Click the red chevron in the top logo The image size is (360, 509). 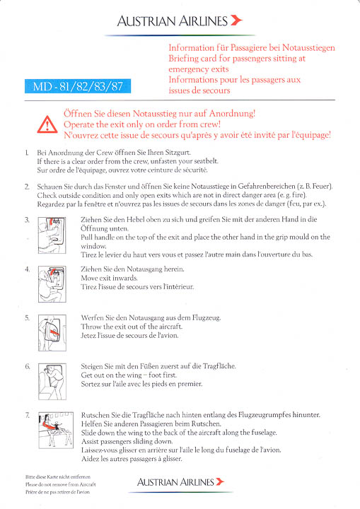click(236, 20)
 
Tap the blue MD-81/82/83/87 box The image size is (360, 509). click(78, 86)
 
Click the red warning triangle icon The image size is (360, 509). click(47, 124)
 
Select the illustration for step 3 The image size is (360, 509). click(52, 235)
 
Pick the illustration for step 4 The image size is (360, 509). click(52, 284)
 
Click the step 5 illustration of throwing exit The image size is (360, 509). click(52, 333)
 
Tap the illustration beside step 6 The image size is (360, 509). click(52, 382)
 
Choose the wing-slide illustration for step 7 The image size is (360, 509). click(56, 430)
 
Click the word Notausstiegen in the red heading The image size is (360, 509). click(308, 48)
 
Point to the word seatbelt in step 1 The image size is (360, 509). click(206, 161)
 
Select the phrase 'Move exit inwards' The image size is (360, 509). click(109, 278)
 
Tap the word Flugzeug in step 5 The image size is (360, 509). click(206, 318)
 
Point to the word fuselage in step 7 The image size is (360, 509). click(264, 433)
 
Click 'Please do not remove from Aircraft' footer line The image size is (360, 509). click(61, 484)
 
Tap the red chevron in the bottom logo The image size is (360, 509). click(220, 481)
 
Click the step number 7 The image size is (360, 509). click(28, 415)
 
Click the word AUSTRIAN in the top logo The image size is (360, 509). click(146, 21)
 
